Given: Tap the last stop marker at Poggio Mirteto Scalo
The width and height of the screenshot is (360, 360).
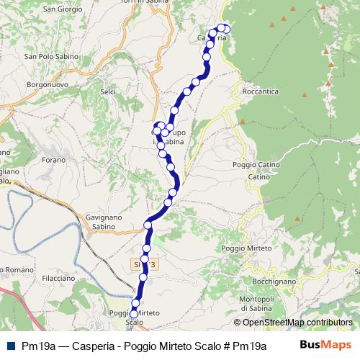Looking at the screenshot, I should pyautogui.click(x=134, y=314).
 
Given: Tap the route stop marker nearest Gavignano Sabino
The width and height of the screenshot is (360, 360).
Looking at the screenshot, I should pyautogui.click(x=148, y=225).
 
